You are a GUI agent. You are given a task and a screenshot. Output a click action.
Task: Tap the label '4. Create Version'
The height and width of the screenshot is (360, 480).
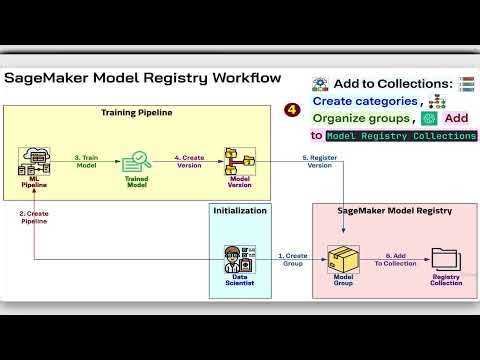pos(190,163)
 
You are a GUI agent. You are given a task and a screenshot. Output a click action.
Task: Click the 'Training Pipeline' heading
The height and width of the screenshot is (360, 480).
pos(137,113)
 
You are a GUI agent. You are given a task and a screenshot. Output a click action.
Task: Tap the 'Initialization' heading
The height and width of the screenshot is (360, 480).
pos(241,211)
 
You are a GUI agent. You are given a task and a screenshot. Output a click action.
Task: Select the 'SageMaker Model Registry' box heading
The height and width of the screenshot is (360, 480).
pos(395,211)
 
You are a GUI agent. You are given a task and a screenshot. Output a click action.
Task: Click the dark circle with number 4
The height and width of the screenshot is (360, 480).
pos(292,109)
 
